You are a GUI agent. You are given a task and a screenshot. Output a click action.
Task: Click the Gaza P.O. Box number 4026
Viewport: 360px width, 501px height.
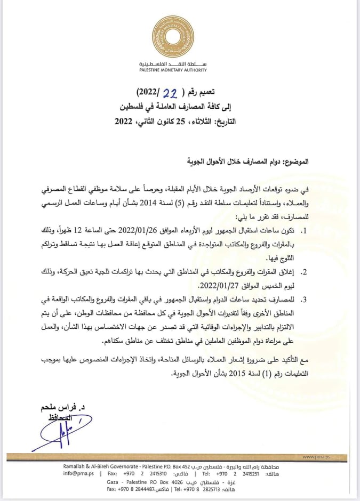pos(195,481)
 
